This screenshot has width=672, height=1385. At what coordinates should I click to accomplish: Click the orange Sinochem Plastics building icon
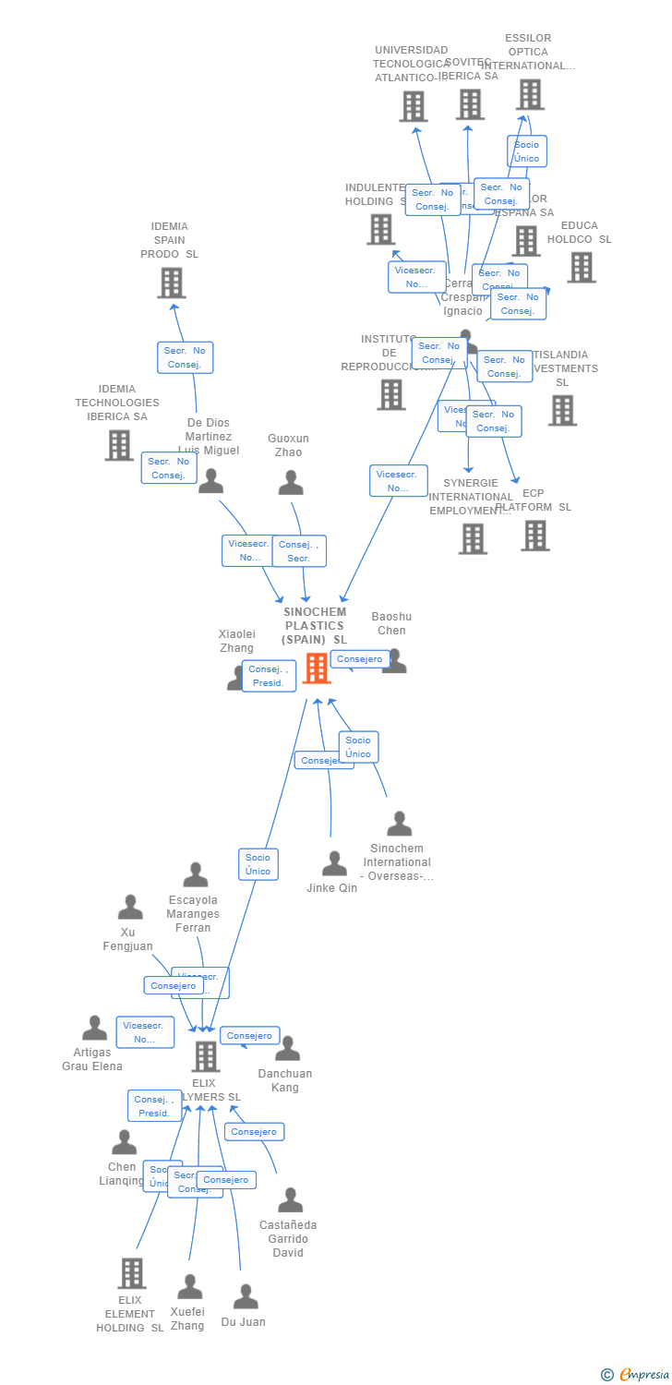pyautogui.click(x=317, y=668)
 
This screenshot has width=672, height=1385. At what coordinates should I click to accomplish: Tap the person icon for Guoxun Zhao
pyautogui.click(x=291, y=482)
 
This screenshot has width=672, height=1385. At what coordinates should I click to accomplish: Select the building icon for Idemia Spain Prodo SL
pyautogui.click(x=172, y=283)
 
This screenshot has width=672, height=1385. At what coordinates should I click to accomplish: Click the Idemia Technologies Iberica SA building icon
pyautogui.click(x=119, y=445)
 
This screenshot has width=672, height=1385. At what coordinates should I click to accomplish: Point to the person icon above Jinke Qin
pyautogui.click(x=334, y=863)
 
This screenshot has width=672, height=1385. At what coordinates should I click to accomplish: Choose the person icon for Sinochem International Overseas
pyautogui.click(x=399, y=824)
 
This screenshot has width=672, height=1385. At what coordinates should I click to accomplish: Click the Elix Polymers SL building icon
pyautogui.click(x=205, y=1056)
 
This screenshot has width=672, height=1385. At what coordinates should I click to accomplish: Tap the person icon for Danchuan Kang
pyautogui.click(x=288, y=1049)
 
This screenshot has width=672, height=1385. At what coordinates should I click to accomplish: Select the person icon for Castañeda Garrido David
pyautogui.click(x=291, y=1200)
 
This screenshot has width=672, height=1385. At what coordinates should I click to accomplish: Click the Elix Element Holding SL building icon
pyautogui.click(x=132, y=1273)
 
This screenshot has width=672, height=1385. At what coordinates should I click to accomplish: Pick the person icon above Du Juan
pyautogui.click(x=246, y=1296)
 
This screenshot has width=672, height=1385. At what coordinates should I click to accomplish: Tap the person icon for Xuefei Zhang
pyautogui.click(x=189, y=1287)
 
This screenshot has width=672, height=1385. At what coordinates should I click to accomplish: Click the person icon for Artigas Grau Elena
pyautogui.click(x=94, y=1028)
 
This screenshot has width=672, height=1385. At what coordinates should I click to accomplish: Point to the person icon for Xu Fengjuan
pyautogui.click(x=130, y=908)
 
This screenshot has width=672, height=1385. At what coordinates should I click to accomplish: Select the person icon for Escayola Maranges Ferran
pyautogui.click(x=196, y=874)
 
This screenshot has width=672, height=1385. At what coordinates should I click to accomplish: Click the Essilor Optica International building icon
pyautogui.click(x=529, y=94)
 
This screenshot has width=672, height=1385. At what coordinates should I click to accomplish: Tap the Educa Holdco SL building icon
pyautogui.click(x=581, y=267)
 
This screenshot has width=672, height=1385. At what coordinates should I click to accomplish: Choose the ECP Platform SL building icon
pyautogui.click(x=534, y=536)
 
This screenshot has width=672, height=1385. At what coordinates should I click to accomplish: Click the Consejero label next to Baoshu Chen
pyautogui.click(x=359, y=659)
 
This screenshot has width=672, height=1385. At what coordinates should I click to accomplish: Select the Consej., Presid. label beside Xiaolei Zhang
pyautogui.click(x=269, y=676)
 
